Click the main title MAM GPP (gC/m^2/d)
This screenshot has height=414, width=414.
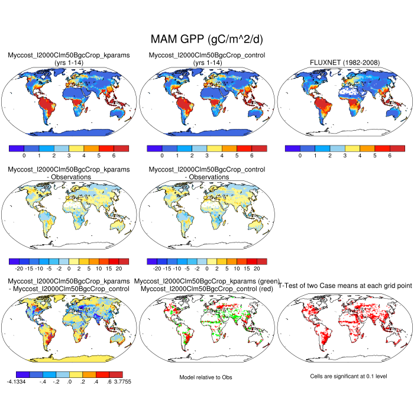click(206, 40)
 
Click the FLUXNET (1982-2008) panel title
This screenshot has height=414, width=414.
click(345, 63)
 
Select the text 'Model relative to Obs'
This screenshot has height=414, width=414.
click(206, 377)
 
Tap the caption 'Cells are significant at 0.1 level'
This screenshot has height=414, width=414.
click(345, 376)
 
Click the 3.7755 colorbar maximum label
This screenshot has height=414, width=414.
click(116, 382)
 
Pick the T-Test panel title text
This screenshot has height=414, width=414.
click(345, 284)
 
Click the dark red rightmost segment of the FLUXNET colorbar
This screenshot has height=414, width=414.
click(397, 148)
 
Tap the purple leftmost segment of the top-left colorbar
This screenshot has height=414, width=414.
click(17, 148)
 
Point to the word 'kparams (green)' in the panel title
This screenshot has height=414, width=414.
click(254, 280)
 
